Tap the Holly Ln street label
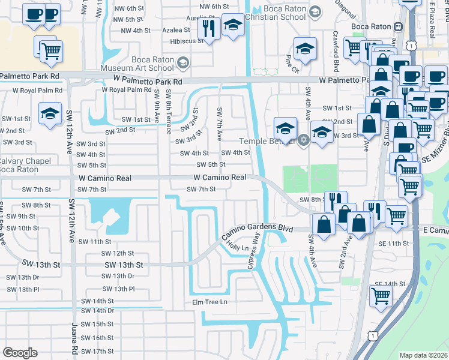238,247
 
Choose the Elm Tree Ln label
210,302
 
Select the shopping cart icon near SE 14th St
381,296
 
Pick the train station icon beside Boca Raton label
397,26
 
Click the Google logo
20,353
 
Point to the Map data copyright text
424,355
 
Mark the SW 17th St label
97,352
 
